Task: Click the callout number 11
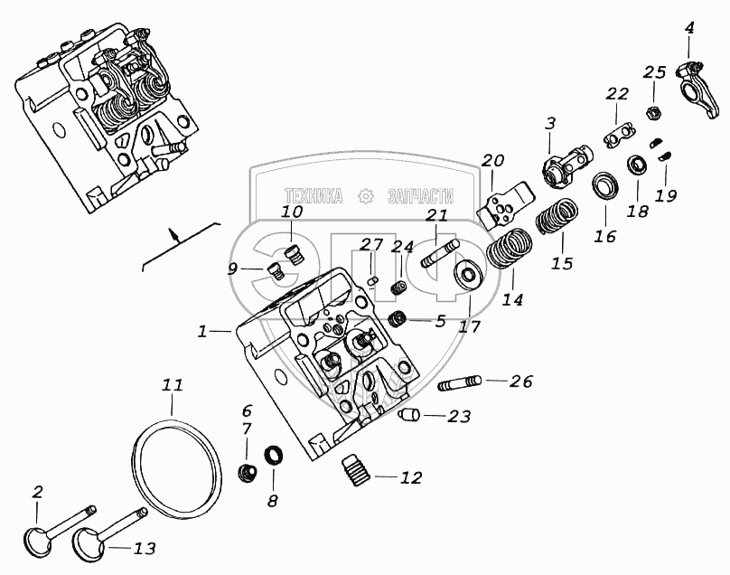tap(173, 385)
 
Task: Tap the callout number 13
tap(145, 548)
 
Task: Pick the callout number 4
tap(689, 28)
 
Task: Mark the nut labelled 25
tap(653, 113)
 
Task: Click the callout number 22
tap(617, 93)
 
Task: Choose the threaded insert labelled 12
tap(359, 471)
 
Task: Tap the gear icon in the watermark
tap(366, 195)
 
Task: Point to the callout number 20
tap(492, 161)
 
